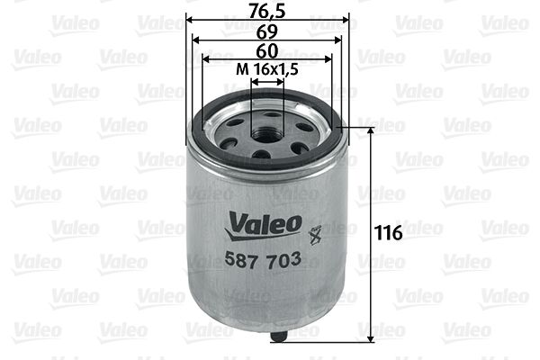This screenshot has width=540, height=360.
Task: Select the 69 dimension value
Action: (266, 30)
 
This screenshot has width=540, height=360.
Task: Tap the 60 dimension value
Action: (266, 50)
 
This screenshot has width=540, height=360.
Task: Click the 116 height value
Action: (388, 233)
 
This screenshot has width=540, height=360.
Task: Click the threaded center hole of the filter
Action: (267, 132)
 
